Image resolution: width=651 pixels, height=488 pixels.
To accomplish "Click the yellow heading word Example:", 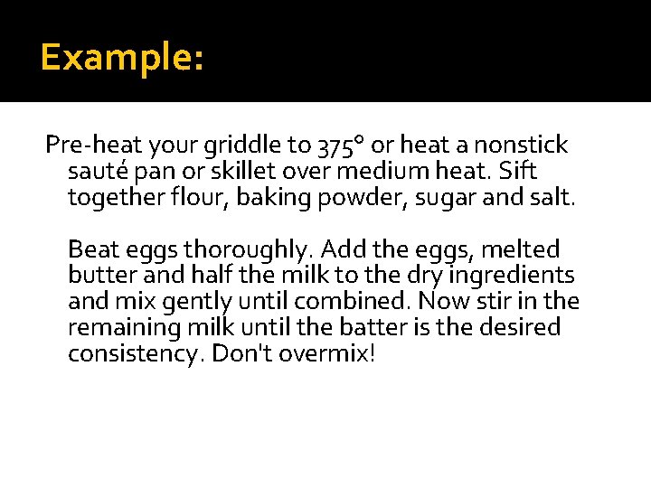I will coord(122,59).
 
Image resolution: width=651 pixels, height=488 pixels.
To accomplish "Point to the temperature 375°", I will coord(341,145).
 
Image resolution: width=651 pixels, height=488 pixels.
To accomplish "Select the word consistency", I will coord(136,353).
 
